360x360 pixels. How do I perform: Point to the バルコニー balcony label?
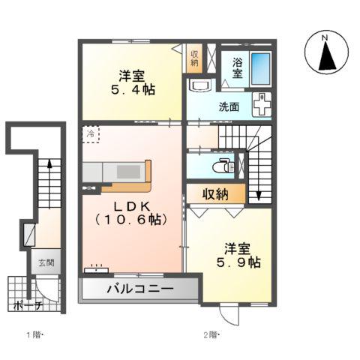(139, 289)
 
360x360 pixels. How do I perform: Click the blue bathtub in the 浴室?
(260, 68)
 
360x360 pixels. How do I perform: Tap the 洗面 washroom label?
(229, 107)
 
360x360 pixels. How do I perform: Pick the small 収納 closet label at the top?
(194, 58)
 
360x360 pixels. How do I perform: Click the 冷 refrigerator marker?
(90, 134)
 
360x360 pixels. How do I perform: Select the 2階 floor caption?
(210, 333)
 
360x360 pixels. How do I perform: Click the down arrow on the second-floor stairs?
(259, 196)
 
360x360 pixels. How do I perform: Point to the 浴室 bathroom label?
(236, 68)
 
